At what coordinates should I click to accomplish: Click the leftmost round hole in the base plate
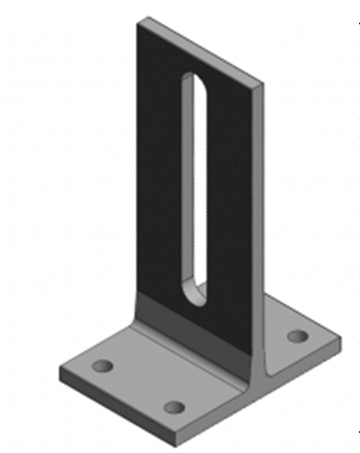click(x=102, y=367)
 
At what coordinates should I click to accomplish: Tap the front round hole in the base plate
click(x=174, y=407)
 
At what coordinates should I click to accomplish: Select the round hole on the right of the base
click(x=297, y=336)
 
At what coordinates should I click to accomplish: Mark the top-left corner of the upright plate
click(x=138, y=20)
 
